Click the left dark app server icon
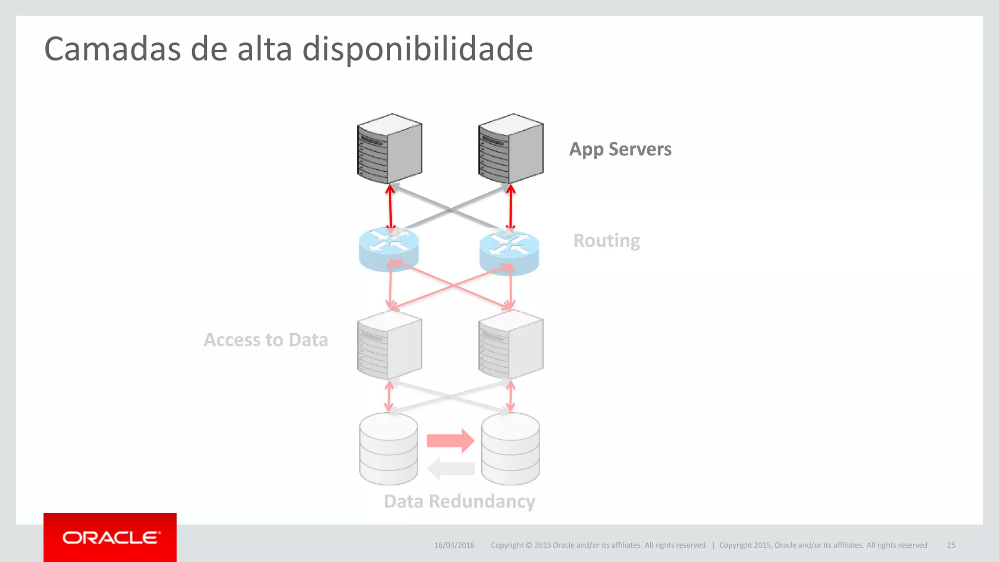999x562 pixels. tap(389, 149)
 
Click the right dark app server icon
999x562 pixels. tap(511, 149)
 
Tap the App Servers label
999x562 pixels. tap(620, 149)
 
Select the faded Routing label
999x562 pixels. tap(606, 241)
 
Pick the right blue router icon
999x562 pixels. tap(509, 252)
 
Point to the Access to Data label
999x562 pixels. tap(266, 340)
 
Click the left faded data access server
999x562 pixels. tap(389, 345)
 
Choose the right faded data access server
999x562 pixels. tap(511, 345)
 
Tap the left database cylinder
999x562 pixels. tap(389, 449)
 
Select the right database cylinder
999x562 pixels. tap(510, 449)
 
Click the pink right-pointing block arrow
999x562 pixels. tap(450, 441)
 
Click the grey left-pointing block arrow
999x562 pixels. tap(451, 469)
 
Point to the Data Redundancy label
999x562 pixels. tap(459, 502)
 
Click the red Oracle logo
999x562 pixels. tap(110, 538)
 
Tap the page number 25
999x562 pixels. tap(951, 545)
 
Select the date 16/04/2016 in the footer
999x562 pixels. tap(454, 545)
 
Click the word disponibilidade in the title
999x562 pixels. tap(418, 49)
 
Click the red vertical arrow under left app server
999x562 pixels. tap(390, 208)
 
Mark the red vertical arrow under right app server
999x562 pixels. tap(511, 208)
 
